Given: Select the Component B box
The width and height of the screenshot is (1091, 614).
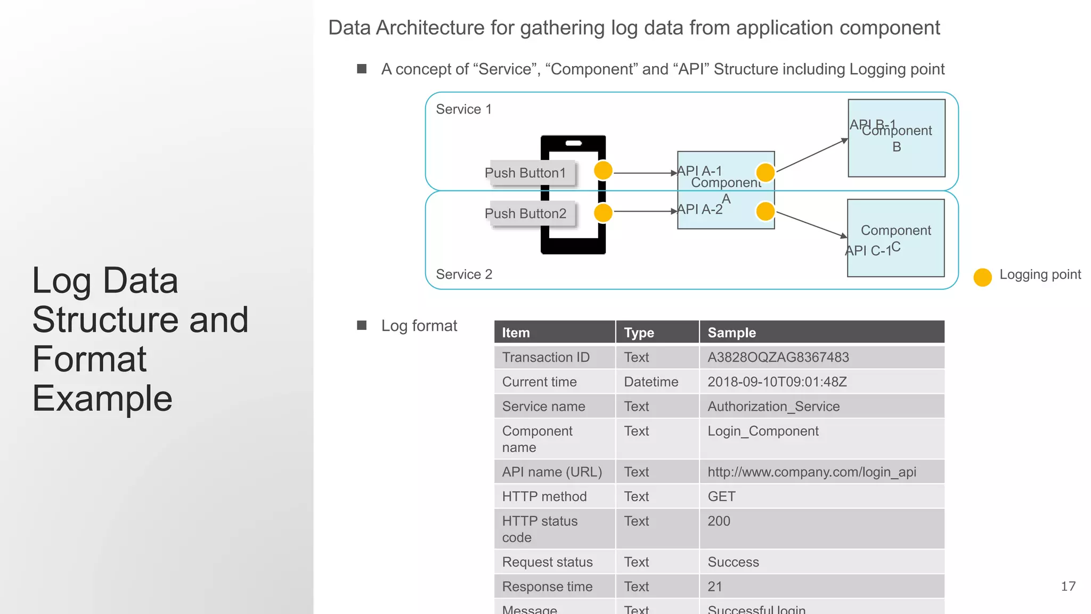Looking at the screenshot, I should tap(897, 138).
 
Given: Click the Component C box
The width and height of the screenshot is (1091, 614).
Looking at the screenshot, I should tap(896, 238).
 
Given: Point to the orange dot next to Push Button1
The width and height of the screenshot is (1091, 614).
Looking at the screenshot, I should tap(603, 171).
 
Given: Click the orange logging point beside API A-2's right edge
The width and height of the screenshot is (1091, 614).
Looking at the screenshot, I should tap(766, 211).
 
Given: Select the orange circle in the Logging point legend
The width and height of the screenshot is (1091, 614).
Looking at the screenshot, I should tap(982, 277).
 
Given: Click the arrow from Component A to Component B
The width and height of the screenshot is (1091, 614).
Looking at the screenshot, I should tap(811, 156).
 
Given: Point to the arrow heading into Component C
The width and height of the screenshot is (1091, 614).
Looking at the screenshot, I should tap(811, 224).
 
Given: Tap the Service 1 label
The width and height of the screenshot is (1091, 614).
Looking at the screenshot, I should tap(463, 109).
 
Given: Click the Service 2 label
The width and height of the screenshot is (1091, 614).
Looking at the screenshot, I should tap(463, 274).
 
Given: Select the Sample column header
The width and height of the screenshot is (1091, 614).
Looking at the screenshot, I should tap(731, 333).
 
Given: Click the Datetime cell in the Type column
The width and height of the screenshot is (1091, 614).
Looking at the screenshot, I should tap(651, 382).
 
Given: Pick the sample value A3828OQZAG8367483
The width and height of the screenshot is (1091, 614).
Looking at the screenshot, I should tap(778, 358).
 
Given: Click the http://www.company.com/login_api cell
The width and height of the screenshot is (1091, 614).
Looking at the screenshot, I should tap(811, 472).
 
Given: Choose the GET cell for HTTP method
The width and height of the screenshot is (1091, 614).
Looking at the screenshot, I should tap(721, 497).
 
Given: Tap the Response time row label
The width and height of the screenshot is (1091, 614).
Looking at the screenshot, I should tap(547, 587).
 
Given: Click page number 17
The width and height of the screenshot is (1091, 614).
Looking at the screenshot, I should tap(1068, 586).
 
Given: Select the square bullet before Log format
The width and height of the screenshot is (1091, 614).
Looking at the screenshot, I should tap(362, 325).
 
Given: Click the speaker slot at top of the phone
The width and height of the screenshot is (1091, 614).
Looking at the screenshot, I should tap(573, 143).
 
